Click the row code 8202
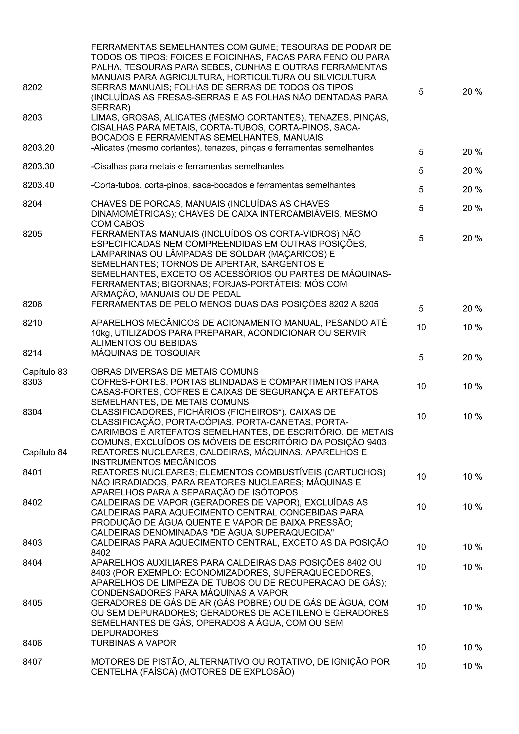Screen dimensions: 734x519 [32, 87]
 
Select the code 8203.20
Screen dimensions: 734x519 [38, 148]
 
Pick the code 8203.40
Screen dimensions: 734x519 [38, 185]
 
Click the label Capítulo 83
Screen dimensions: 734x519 [45, 372]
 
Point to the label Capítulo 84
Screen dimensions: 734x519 [45, 452]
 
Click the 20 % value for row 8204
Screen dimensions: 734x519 [472, 208]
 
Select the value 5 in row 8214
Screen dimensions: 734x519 [421, 357]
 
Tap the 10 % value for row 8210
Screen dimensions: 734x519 [472, 327]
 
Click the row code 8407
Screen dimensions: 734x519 [32, 662]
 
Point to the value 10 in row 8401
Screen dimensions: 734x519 [421, 477]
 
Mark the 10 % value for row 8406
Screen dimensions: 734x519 [472, 647]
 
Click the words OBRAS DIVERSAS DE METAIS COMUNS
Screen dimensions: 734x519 [175, 372]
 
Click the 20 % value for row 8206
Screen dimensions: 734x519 [472, 308]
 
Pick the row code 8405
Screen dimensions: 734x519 [32, 603]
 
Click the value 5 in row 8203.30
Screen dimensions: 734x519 [421, 171]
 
